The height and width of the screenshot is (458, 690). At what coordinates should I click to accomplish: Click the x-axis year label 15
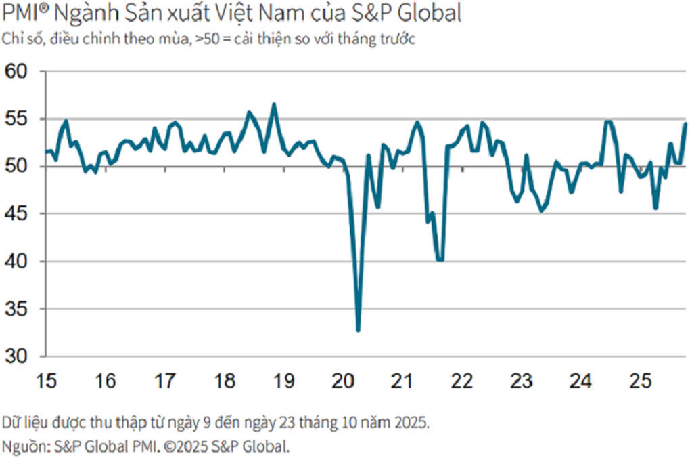tap(46, 380)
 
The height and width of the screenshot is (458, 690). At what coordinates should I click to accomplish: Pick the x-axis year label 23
tap(522, 380)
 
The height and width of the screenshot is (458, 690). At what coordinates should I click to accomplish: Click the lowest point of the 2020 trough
tap(358, 330)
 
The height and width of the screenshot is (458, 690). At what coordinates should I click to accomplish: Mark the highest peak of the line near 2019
tap(274, 104)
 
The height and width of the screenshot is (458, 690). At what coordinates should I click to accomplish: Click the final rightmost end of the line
tap(685, 123)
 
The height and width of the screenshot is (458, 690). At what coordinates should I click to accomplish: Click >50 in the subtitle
tap(212, 39)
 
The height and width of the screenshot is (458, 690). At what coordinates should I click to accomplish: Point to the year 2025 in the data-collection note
tap(413, 423)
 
